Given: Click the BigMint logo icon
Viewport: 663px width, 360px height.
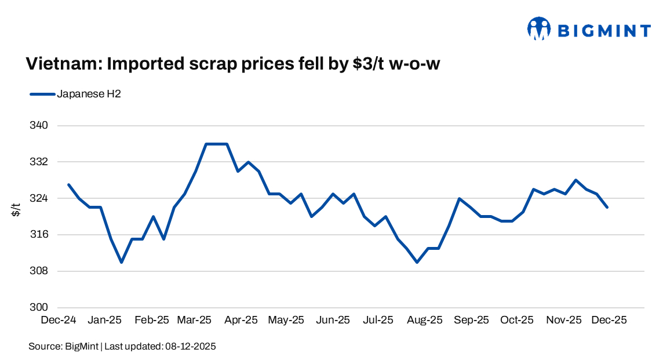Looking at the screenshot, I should click(x=538, y=28).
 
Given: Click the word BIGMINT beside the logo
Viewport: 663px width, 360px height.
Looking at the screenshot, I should click(x=603, y=30).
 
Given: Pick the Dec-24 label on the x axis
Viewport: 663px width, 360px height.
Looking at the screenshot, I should click(x=59, y=320).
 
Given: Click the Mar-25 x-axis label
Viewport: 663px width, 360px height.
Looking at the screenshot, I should click(x=195, y=320).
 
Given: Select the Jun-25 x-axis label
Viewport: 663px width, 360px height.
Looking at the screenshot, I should click(x=332, y=320).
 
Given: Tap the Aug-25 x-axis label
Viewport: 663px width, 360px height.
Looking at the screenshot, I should click(x=424, y=320).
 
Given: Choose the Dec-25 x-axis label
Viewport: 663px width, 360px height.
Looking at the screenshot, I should click(x=609, y=320).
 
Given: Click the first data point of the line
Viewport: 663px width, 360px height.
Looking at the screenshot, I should click(x=68, y=184).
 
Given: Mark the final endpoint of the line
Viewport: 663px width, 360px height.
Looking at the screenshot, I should click(x=607, y=207).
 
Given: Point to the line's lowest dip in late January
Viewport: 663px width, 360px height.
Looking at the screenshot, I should click(x=121, y=262).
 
